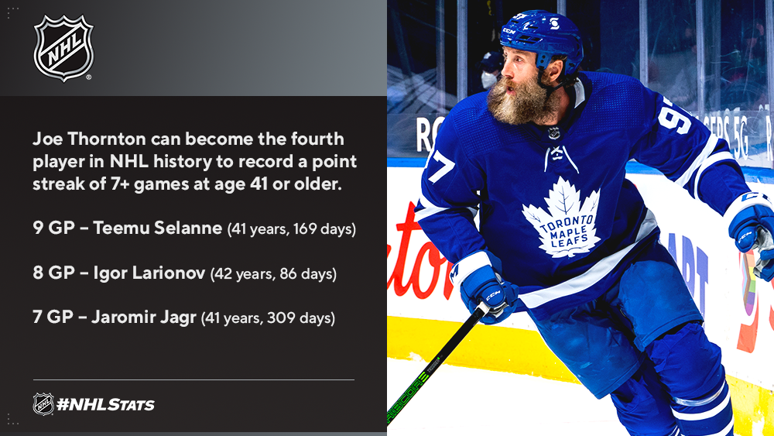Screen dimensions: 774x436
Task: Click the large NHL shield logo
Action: point(63,48)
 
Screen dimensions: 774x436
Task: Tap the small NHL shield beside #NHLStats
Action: point(43,404)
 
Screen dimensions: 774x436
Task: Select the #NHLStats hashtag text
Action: point(105,405)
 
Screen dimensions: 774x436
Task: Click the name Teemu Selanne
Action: point(157,228)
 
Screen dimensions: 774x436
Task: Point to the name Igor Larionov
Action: point(149,272)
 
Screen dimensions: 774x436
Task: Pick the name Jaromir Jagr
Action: point(144,317)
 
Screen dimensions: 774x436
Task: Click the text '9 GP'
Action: point(54,228)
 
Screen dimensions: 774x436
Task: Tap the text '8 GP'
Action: point(54,272)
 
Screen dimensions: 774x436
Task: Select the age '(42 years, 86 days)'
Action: point(273,273)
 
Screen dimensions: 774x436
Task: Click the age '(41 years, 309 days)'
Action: point(268,318)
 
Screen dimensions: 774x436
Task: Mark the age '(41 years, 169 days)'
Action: point(292,229)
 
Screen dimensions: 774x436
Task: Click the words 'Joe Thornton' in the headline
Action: point(89,139)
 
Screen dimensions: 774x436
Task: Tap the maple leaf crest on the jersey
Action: point(562,218)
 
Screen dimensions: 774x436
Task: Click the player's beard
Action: point(520,100)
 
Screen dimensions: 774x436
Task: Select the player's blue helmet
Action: point(544,39)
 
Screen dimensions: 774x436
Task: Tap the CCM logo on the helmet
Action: point(509,32)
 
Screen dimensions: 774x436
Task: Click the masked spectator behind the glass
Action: point(490,70)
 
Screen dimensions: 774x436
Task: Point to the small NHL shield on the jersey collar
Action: point(554,132)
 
